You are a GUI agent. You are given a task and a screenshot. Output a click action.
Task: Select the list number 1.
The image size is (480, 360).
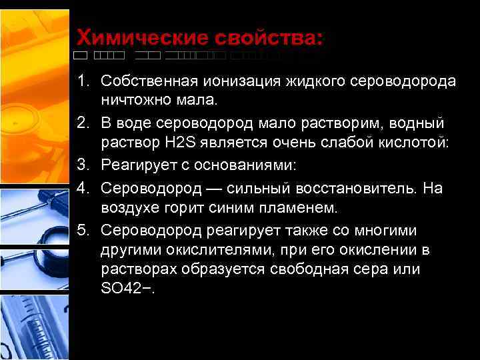coord(82,81)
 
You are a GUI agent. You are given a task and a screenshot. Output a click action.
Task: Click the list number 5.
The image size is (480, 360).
coord(82,231)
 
